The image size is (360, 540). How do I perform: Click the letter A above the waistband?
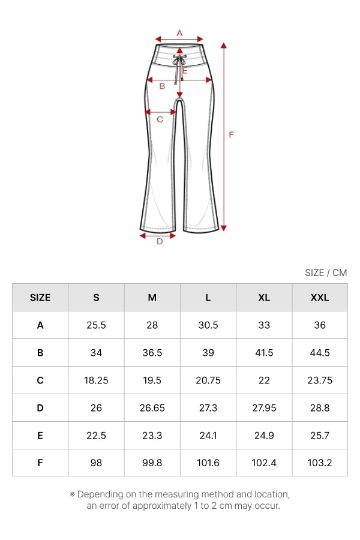click(x=179, y=33)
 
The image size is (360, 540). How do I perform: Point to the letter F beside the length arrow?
click(x=231, y=134)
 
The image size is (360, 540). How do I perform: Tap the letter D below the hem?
click(x=160, y=241)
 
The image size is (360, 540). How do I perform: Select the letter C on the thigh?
click(x=160, y=119)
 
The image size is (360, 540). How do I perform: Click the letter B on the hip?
click(x=162, y=86)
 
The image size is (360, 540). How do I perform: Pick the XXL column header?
click(x=320, y=298)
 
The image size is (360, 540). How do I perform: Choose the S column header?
click(x=96, y=298)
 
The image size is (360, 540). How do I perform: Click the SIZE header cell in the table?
click(x=40, y=298)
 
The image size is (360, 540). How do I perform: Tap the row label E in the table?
click(x=40, y=436)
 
